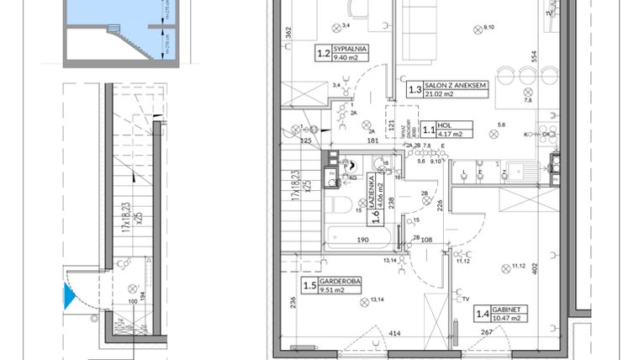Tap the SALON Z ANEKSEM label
[x=457, y=87]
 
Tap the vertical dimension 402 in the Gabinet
[x=557, y=273]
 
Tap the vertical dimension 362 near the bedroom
[x=288, y=34]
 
